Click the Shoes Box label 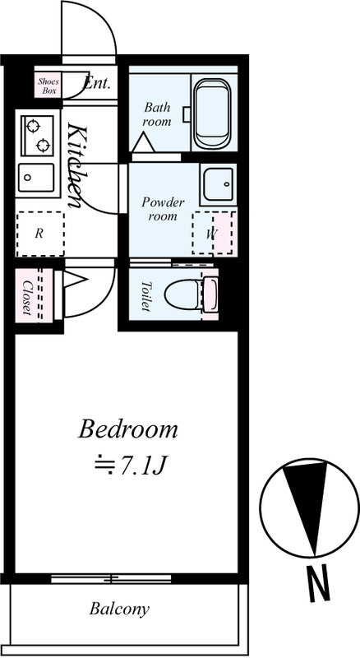click(48, 86)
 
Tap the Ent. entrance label click(97, 84)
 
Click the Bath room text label click(157, 114)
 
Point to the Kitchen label click(76, 166)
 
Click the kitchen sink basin click(36, 178)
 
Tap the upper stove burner click(32, 125)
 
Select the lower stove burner click(44, 146)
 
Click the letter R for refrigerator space click(39, 234)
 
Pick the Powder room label click(163, 209)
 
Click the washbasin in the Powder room click(218, 183)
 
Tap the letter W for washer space click(211, 234)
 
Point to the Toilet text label click(145, 296)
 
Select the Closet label click(26, 297)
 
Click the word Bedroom click(128, 429)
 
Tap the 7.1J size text click(140, 466)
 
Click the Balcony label click(119, 609)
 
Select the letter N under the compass click(318, 584)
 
